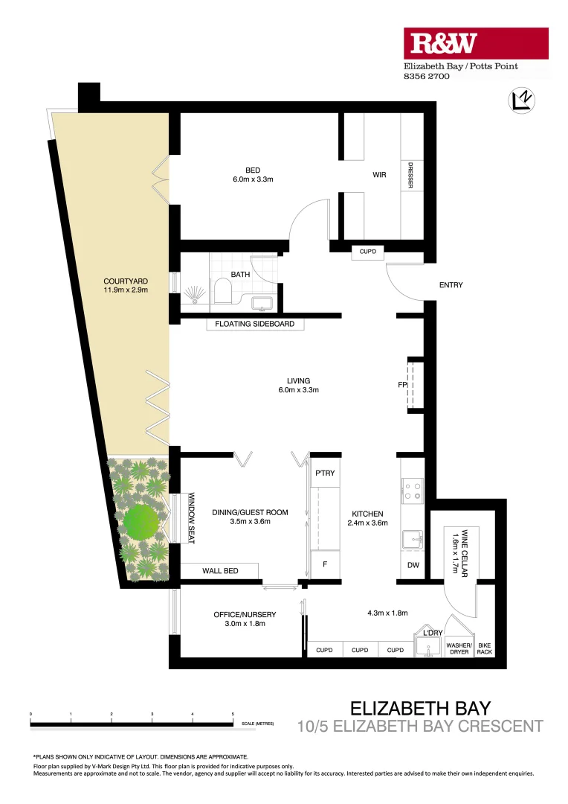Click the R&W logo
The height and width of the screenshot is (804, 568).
[476, 44]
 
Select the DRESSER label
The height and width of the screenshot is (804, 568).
[410, 175]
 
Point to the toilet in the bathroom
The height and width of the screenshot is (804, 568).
[222, 291]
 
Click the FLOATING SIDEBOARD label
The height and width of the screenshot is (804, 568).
[254, 324]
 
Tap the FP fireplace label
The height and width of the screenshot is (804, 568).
[401, 385]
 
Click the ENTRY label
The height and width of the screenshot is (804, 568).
[451, 285]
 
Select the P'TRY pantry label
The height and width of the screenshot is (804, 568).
[324, 473]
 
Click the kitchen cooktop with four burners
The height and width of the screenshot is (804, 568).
[411, 489]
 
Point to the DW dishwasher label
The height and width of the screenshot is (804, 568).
[413, 565]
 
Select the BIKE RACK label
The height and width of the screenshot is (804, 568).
[485, 648]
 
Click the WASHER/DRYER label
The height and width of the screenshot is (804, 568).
[458, 648]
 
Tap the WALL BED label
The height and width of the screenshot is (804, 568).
[220, 571]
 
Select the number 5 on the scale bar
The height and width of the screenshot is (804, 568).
[233, 714]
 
